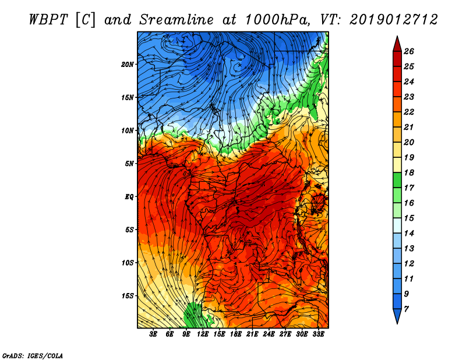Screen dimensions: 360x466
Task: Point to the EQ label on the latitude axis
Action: point(129,196)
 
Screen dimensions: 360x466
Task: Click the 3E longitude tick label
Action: point(154,334)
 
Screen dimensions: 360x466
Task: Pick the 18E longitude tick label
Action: point(235,334)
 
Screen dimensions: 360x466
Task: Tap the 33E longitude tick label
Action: point(318,334)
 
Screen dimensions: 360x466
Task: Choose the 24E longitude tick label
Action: point(269,334)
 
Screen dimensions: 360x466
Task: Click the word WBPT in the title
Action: point(49,20)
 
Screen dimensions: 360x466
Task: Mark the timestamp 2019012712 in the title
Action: point(393,20)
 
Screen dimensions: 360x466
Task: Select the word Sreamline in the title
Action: point(174,20)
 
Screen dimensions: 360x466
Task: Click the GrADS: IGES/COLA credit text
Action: point(33,355)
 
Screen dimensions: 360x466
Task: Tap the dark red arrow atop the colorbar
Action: point(397,43)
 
